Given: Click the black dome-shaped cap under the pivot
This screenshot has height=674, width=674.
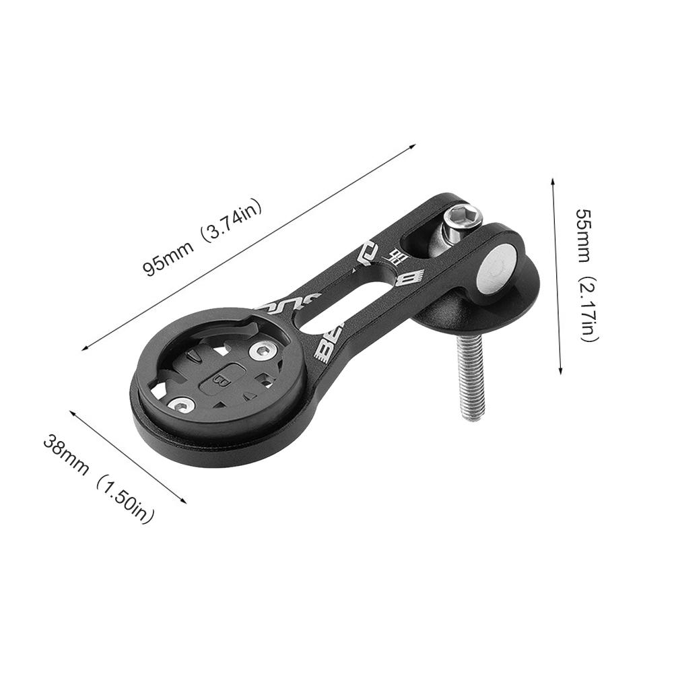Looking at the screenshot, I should [x=471, y=310].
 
